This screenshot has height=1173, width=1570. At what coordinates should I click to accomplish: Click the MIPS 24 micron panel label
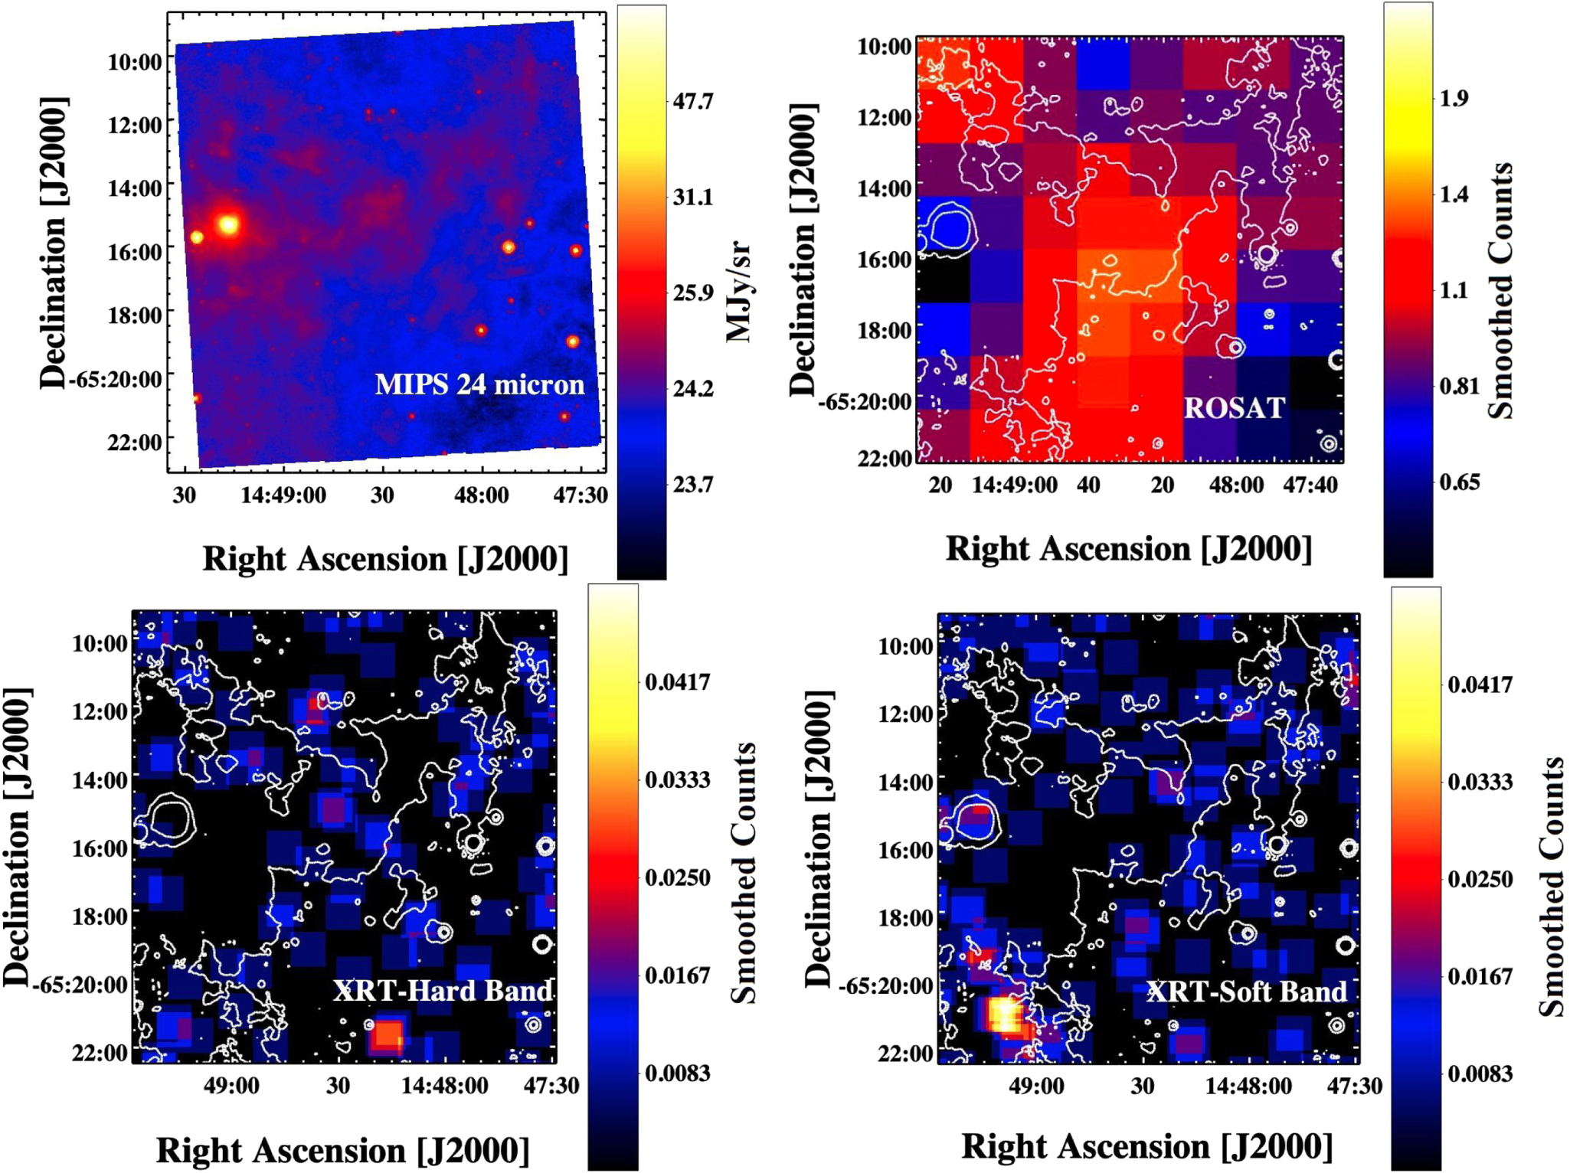point(479,384)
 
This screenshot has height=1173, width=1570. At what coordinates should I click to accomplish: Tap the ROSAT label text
point(1234,408)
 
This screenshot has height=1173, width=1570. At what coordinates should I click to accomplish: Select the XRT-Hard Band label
point(443,991)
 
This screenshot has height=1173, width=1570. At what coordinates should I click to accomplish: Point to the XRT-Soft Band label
point(1246,992)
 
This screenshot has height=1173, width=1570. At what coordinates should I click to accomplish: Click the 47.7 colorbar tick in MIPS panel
point(692,102)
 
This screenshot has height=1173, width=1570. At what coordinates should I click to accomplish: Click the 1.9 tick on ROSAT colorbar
point(1454,99)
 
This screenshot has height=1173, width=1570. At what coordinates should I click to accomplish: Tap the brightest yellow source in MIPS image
point(228,224)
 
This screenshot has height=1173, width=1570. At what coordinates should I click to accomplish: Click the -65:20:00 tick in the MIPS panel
point(116,379)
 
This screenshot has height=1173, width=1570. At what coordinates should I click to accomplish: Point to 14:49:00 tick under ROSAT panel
point(1014,485)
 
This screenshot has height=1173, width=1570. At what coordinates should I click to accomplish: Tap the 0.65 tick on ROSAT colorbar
point(1459,482)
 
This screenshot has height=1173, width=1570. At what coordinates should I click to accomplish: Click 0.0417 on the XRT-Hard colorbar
point(678,681)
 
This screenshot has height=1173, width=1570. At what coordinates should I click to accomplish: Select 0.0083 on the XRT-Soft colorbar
point(1480,1074)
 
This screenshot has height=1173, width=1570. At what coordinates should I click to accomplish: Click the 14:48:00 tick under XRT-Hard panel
point(444,1086)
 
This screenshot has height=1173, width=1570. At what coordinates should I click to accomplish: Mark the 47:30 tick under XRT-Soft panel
point(1354,1086)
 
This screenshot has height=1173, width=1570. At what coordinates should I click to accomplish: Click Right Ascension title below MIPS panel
point(385,559)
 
